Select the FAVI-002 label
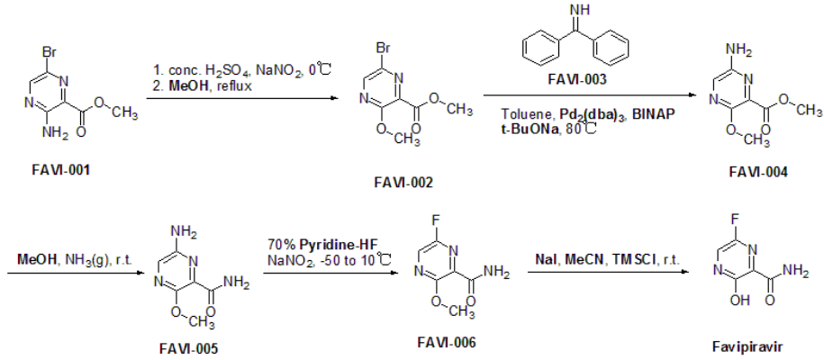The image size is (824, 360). click(x=403, y=183)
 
